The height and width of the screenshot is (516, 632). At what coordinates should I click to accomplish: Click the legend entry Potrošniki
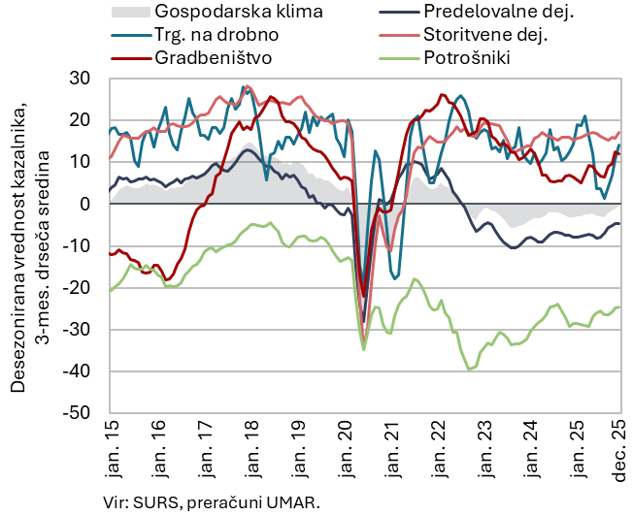[467, 57]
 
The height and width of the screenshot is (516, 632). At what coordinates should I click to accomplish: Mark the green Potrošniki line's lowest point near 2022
[470, 370]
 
